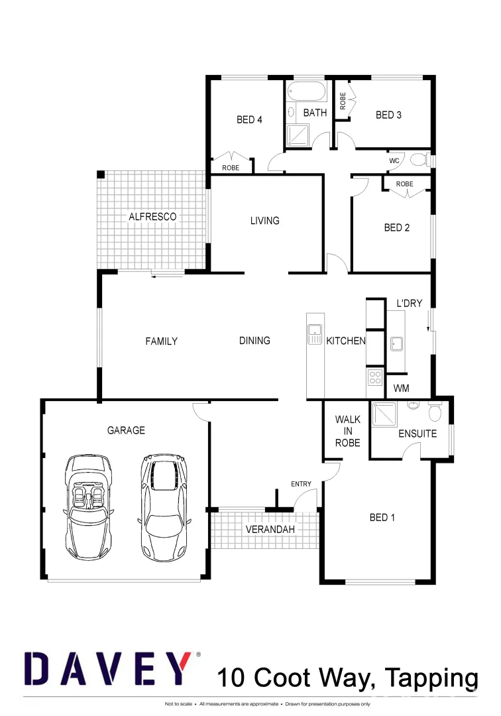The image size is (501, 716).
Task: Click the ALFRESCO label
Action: [152, 217]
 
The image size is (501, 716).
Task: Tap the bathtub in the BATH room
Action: [306, 91]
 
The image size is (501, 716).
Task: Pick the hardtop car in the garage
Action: [164, 505]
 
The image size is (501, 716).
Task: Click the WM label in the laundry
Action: [401, 388]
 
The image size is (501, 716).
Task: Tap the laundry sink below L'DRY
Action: [396, 343]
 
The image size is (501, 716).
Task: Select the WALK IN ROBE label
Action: [347, 431]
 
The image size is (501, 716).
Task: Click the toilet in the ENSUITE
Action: [435, 412]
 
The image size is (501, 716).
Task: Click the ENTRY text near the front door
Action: [301, 484]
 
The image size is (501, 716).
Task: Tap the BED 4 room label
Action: [249, 120]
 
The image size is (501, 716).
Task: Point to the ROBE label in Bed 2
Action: [404, 184]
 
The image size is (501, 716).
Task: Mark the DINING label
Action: [254, 340]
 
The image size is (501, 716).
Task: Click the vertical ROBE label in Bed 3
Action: [343, 101]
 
